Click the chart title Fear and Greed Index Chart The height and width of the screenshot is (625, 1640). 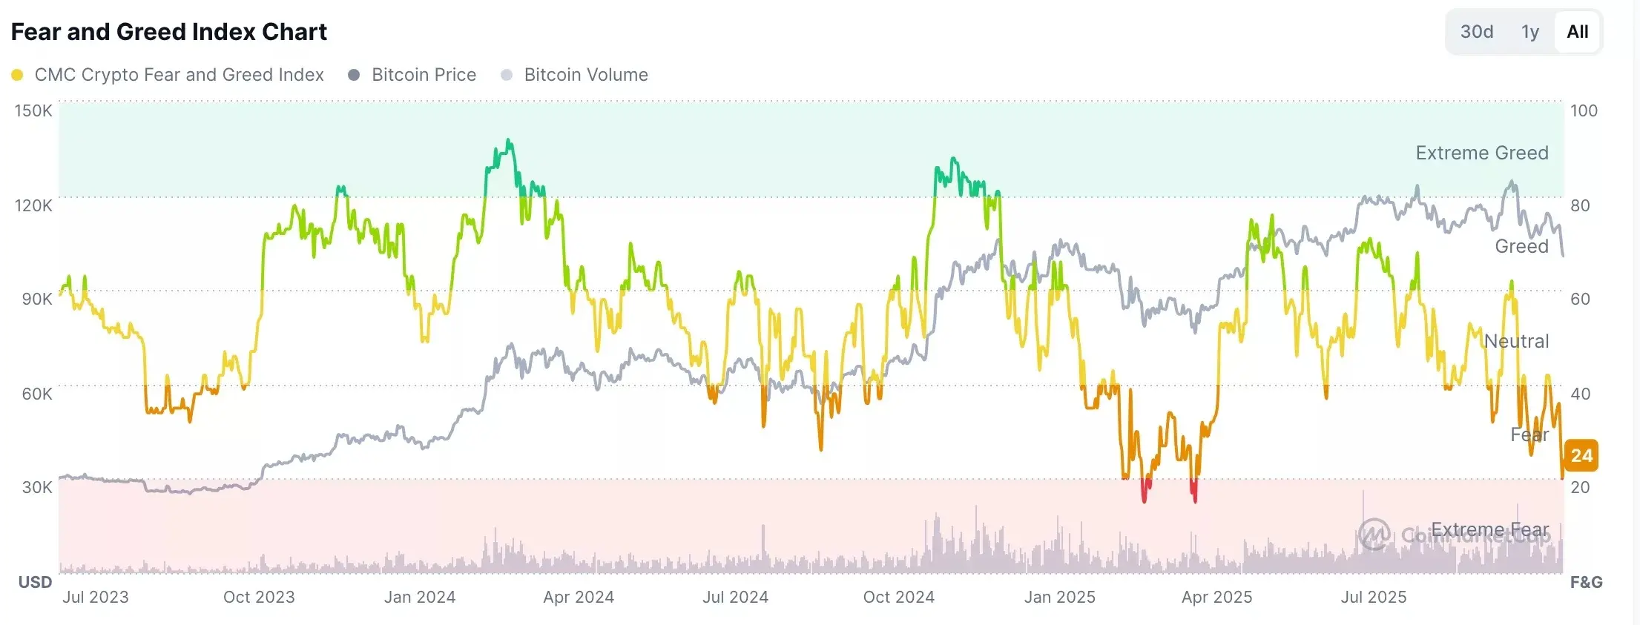169,32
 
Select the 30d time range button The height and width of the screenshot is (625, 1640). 1476,32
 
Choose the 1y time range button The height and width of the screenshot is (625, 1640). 1529,32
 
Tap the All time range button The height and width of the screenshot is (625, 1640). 1577,32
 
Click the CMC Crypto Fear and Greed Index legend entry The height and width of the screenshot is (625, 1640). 178,75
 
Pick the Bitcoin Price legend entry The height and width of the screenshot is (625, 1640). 423,75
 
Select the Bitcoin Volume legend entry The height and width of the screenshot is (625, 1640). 585,75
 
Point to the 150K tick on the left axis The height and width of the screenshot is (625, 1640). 33,110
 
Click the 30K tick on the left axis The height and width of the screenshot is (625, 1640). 37,487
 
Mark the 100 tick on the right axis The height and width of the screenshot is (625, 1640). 1584,110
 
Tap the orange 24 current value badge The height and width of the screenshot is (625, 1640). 1581,455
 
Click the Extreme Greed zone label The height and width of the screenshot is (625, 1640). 1481,153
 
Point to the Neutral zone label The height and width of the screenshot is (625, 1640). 1516,341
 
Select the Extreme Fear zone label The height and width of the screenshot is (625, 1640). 1489,529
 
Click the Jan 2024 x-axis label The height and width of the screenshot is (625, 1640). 420,597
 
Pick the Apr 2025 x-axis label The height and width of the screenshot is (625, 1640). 1216,597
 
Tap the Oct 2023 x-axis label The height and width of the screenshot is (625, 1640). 259,597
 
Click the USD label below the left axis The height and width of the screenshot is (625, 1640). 35,582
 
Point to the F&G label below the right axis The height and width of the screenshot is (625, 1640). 1586,582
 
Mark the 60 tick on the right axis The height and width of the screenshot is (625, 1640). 1580,299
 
